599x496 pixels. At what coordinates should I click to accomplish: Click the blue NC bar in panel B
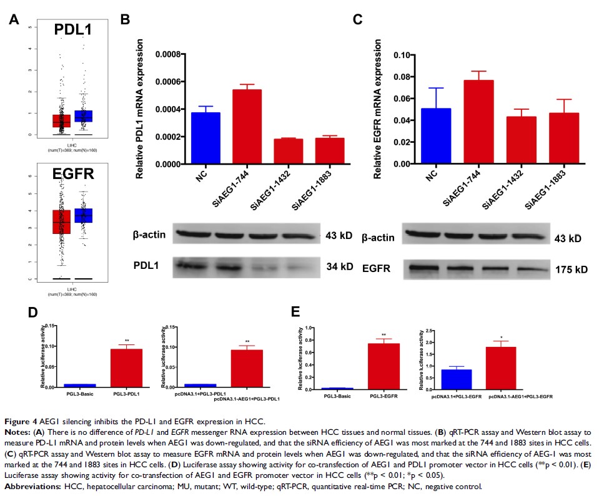tap(187, 138)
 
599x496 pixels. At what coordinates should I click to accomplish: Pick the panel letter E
tap(305, 309)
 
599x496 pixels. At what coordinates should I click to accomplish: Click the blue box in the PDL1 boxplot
tap(83, 116)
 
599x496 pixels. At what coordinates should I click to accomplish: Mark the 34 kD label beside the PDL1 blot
tap(340, 267)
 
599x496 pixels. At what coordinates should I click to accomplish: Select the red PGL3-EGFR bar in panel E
tap(383, 366)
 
